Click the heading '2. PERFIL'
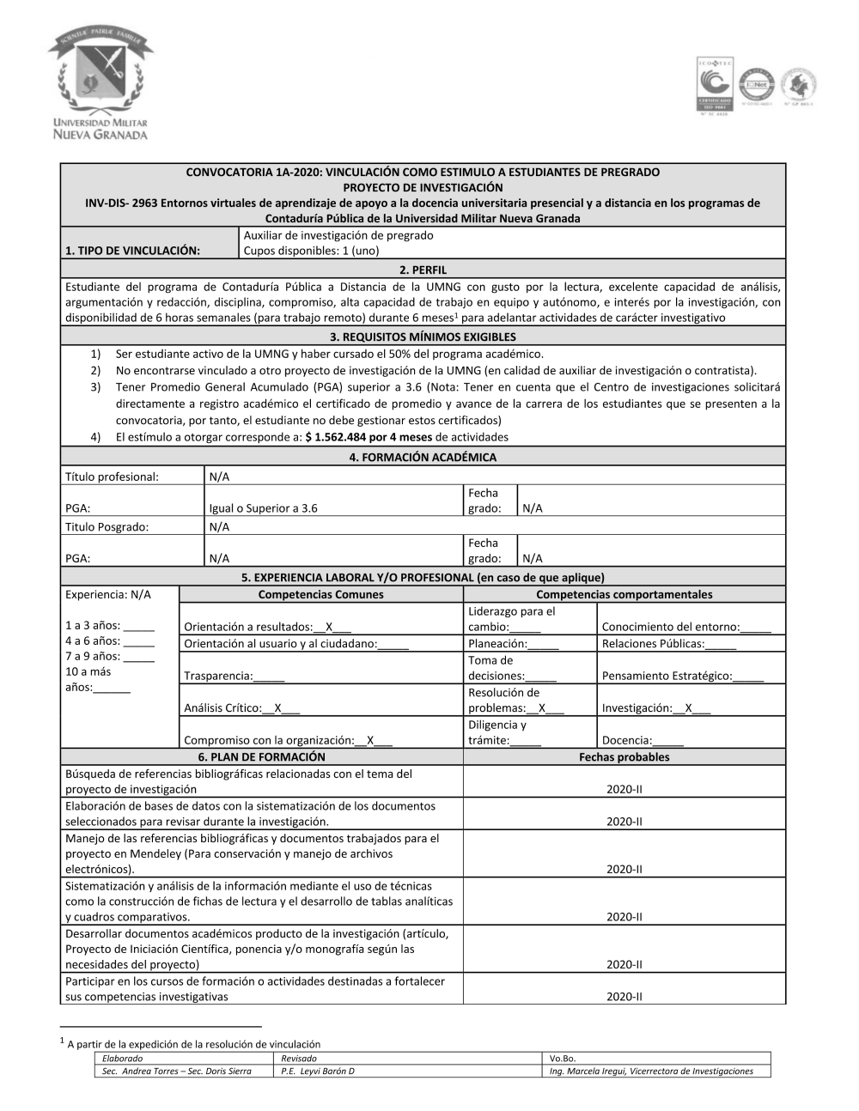(423, 270)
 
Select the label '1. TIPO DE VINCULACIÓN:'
(132, 251)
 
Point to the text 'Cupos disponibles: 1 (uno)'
(311, 251)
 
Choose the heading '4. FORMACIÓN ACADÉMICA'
(423, 457)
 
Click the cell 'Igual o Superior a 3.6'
(263, 507)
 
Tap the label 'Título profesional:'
(112, 477)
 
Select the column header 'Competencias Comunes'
(320, 594)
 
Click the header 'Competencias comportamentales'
(624, 594)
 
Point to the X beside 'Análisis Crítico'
(278, 708)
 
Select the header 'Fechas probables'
(624, 756)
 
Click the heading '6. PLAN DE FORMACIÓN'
(262, 756)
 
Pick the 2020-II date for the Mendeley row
(624, 869)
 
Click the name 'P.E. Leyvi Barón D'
(318, 1071)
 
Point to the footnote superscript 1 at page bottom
(62, 1041)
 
